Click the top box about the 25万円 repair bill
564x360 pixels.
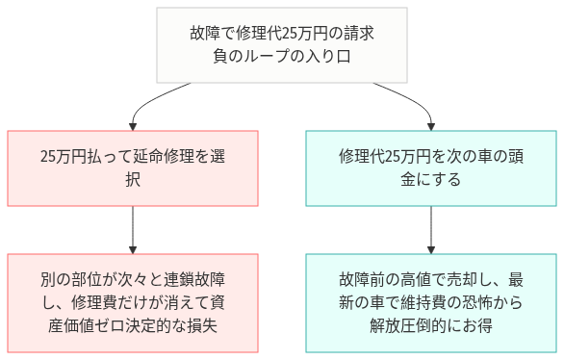pos(282,45)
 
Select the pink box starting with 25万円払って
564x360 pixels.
pos(133,167)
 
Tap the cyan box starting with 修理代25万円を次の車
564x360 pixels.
pos(429,167)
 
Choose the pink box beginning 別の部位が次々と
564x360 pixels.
pos(133,302)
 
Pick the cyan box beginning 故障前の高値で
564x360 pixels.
pos(429,302)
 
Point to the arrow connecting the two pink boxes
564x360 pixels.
pos(133,229)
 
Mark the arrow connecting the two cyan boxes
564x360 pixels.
pos(429,229)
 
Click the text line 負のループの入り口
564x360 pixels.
pos(282,57)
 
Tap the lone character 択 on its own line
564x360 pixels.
pos(133,179)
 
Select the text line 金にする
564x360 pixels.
pos(429,179)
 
